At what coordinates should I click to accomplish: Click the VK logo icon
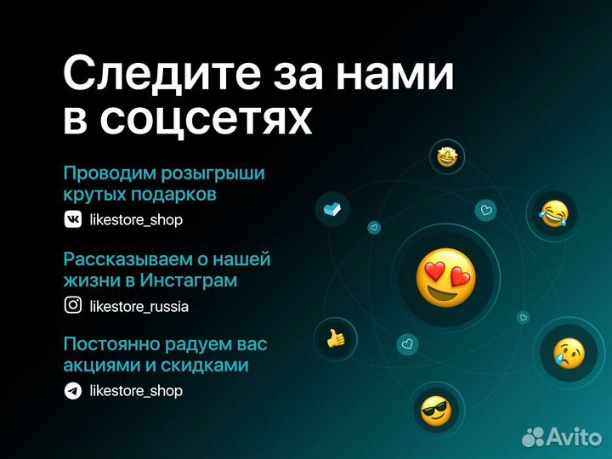pos(73,219)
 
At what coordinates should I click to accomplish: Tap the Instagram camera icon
pos(73,306)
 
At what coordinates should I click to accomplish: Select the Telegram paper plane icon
pos(73,391)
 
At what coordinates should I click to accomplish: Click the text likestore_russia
pos(139,306)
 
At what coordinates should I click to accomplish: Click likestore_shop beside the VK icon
pos(135,220)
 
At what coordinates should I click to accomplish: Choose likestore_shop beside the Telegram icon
pos(135,391)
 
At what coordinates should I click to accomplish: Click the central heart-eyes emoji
pos(445,277)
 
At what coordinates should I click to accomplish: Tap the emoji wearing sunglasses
pos(436,411)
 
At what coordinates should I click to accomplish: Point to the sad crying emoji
pos(568,351)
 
